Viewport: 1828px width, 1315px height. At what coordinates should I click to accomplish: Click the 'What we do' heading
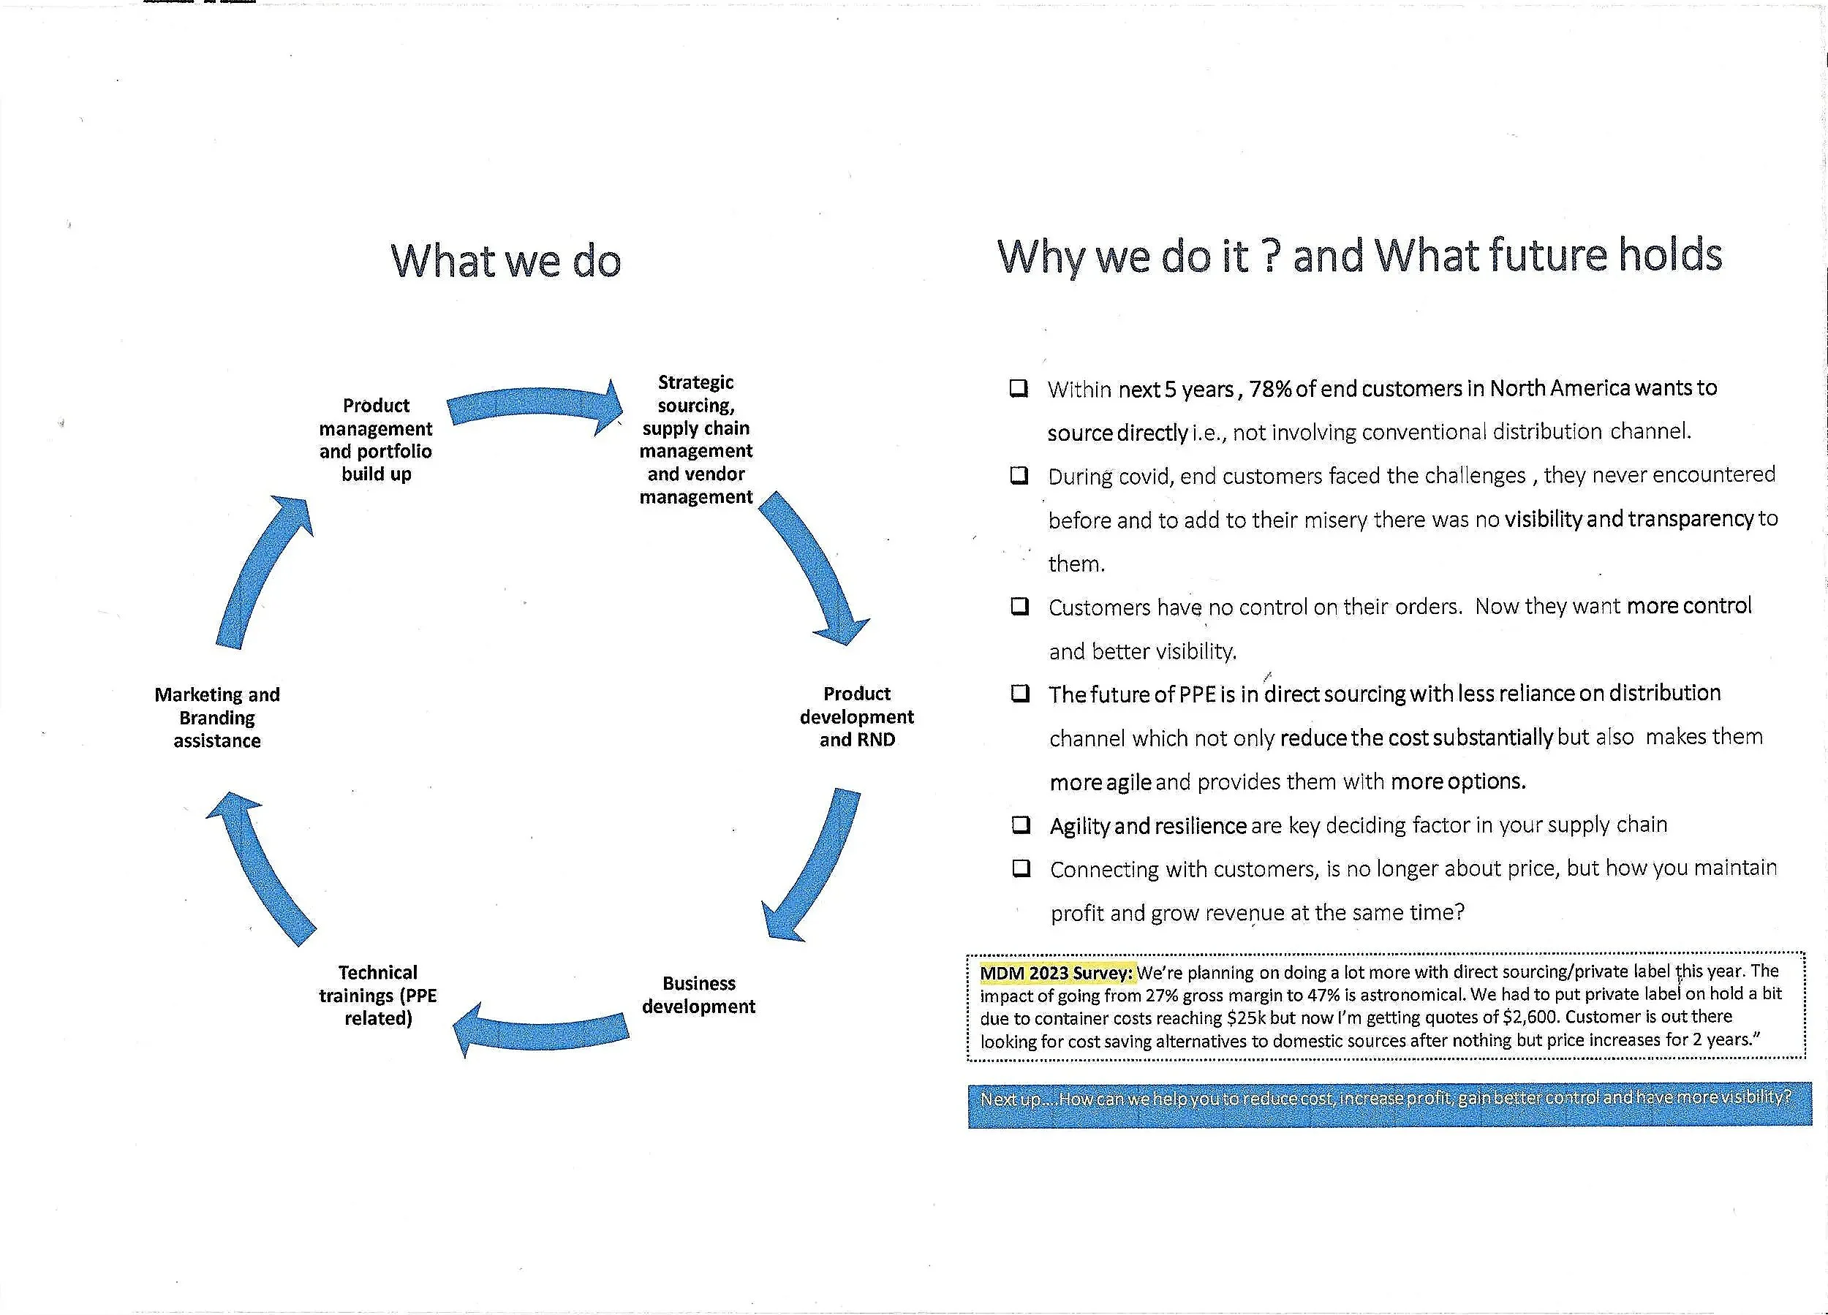click(x=505, y=261)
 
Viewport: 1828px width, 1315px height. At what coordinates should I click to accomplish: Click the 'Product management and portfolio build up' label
click(x=376, y=439)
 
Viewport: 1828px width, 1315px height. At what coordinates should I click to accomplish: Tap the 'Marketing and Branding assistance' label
click(x=217, y=717)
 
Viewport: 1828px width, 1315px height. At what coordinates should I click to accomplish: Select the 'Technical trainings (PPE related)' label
click(x=377, y=995)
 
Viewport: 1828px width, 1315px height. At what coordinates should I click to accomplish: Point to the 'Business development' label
click(x=698, y=994)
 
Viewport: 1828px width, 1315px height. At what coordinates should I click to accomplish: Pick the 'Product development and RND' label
click(x=856, y=716)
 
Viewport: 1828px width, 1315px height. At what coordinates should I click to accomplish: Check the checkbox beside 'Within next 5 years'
click(x=1019, y=388)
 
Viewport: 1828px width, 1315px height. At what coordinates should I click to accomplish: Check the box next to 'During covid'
click(x=1019, y=475)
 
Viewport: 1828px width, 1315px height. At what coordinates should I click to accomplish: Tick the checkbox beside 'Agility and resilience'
click(x=1021, y=825)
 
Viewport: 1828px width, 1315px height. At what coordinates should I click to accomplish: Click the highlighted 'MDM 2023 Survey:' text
click(x=1056, y=973)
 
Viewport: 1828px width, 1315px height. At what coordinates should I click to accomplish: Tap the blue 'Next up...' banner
click(x=1389, y=1104)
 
